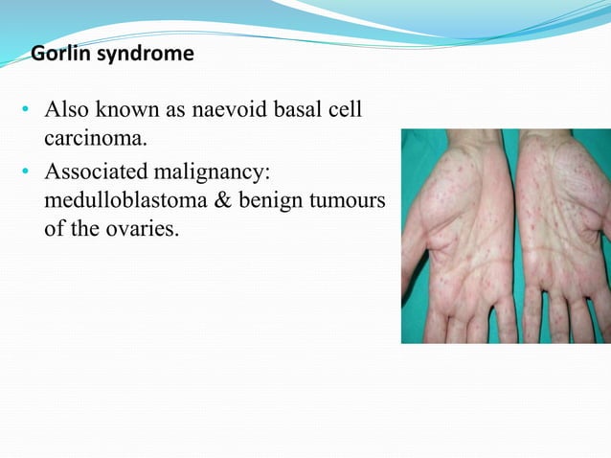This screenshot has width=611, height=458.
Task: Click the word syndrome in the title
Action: tap(140, 54)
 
